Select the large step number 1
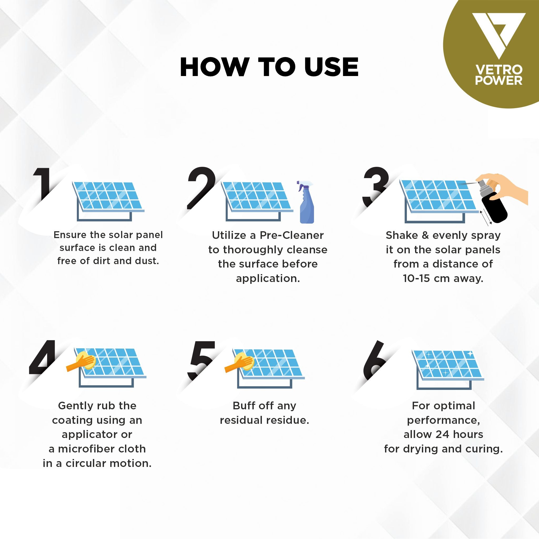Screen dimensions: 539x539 pyautogui.click(x=42, y=184)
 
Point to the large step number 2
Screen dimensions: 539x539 pyautogui.click(x=201, y=188)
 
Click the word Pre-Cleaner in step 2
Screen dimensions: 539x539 pyautogui.click(x=291, y=235)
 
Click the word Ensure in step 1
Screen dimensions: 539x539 pyautogui.click(x=70, y=235)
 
